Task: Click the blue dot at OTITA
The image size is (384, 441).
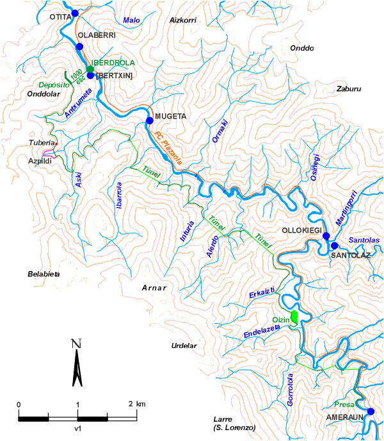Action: point(75,13)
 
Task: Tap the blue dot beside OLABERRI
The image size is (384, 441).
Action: point(79,47)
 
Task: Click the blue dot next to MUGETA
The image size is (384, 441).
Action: point(149,120)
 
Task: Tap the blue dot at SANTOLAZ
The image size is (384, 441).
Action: point(334,245)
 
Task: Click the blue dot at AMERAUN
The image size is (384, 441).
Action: point(370,412)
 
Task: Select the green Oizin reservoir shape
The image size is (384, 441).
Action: point(294,316)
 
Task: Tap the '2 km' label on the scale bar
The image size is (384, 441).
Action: point(136,404)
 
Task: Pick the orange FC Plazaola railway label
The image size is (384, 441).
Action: point(168,148)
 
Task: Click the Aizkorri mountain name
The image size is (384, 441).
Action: point(182,21)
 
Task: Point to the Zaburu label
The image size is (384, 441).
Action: point(349,89)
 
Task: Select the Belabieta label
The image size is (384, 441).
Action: point(44,274)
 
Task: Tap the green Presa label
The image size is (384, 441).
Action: point(345,405)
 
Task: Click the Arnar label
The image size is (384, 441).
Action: point(154,288)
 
